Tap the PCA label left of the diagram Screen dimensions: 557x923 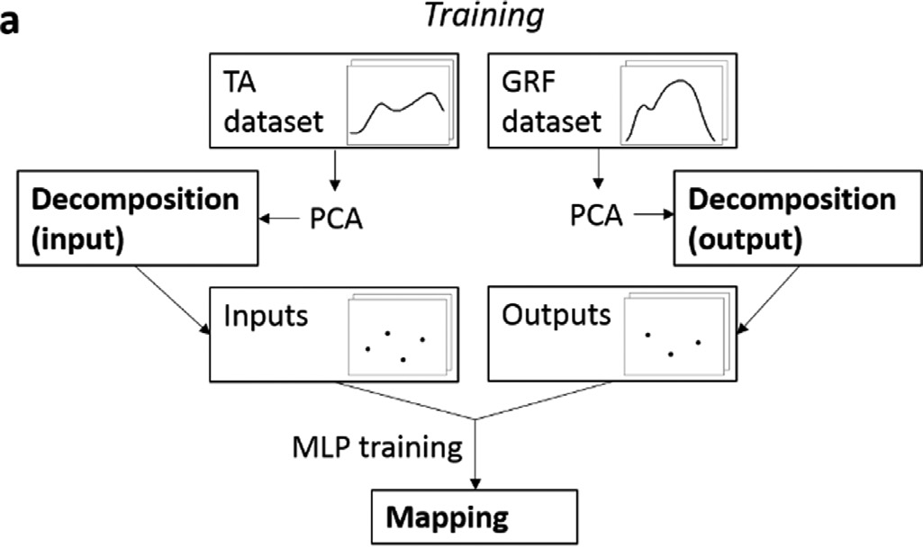pyautogui.click(x=334, y=219)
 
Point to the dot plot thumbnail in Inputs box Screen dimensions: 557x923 pyautogui.click(x=395, y=341)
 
